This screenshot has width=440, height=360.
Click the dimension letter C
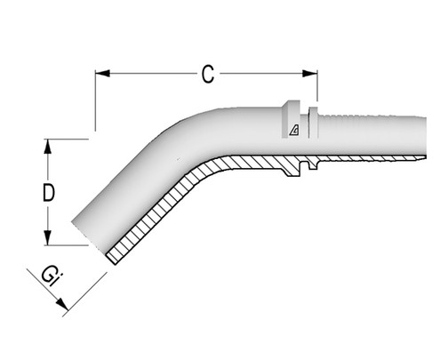tap(207, 76)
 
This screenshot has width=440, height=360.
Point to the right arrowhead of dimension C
tap(314, 75)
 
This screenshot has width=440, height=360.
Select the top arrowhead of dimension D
tap(46, 143)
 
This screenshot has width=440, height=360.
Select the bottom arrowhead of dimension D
tap(46, 241)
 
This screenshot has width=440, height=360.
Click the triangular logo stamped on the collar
tap(294, 132)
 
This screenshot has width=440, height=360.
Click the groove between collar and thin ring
tap(306, 124)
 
